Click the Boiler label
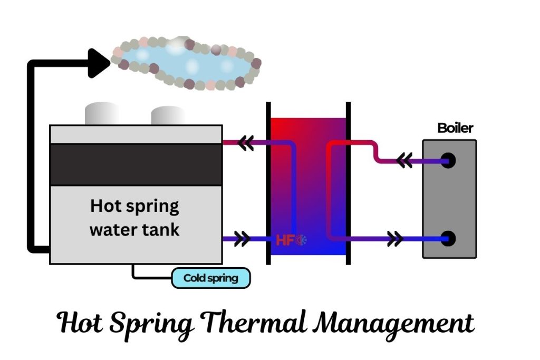point(456,128)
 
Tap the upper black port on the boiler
point(448,161)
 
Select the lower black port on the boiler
point(448,239)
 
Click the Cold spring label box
point(211,278)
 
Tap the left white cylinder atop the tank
point(102,113)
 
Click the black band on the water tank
point(136,164)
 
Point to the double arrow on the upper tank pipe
point(245,143)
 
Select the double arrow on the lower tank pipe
point(242,239)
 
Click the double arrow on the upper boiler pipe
point(404,161)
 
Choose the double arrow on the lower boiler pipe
point(395,239)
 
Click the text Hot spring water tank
point(134,218)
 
